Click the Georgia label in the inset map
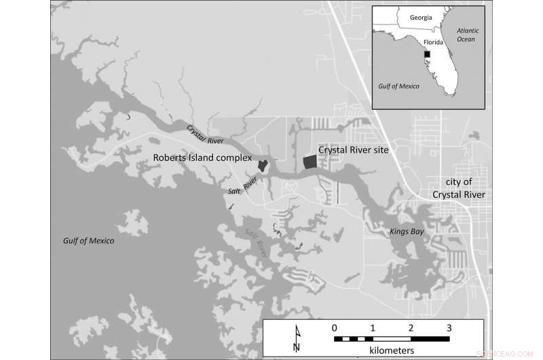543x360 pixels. click(415, 17)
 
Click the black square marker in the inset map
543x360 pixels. click(428, 54)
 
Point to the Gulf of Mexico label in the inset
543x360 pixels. click(398, 86)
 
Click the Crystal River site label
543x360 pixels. click(354, 150)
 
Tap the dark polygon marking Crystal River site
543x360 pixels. click(310, 162)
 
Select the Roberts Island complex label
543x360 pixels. click(202, 158)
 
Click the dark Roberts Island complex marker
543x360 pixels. click(263, 165)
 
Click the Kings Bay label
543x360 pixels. click(406, 232)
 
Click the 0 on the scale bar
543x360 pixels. click(334, 327)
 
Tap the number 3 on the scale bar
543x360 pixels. click(448, 327)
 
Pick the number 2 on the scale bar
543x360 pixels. click(410, 327)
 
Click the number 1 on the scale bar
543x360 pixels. click(372, 327)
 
